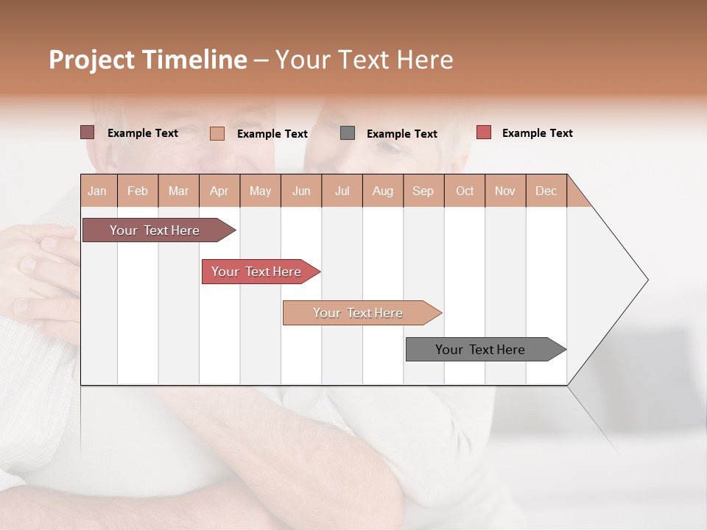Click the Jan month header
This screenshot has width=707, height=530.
tap(97, 191)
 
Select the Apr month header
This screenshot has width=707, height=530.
tap(219, 191)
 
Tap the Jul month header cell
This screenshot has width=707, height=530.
tap(342, 191)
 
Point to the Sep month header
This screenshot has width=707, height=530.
tap(423, 191)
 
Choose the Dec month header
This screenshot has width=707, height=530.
tap(546, 191)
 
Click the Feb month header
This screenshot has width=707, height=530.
tap(138, 191)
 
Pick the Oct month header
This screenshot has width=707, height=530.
tap(465, 191)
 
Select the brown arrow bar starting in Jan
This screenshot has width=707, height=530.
tap(155, 230)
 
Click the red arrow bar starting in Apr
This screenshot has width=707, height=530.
tap(257, 272)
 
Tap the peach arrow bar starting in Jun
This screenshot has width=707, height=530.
tap(359, 313)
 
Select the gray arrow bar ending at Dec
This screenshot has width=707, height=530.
tap(481, 350)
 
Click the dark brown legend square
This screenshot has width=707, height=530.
tap(87, 132)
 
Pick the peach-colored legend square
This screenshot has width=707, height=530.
tap(217, 133)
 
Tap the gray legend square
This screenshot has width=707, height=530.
tap(348, 133)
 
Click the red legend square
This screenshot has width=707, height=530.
tap(483, 132)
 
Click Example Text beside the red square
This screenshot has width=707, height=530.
tap(537, 133)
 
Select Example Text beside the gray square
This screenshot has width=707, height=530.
tap(401, 134)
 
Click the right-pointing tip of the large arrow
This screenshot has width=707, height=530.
tap(646, 280)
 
